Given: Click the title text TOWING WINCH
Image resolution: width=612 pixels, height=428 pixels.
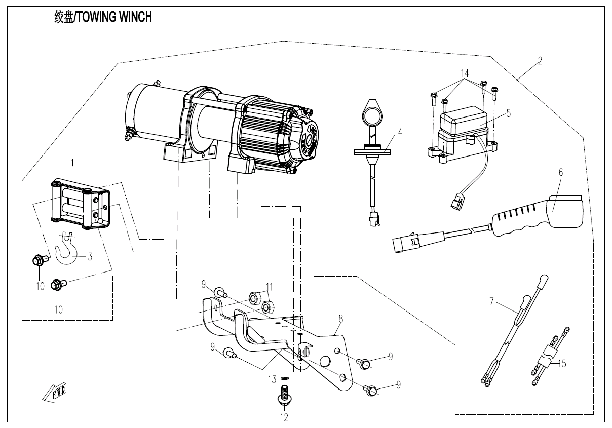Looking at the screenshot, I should (x=103, y=17).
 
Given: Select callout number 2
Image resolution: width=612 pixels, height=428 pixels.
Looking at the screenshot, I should (x=540, y=61).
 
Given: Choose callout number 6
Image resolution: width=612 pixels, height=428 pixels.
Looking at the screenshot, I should (x=561, y=172).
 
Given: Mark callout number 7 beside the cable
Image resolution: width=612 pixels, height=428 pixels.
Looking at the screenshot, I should (x=491, y=302).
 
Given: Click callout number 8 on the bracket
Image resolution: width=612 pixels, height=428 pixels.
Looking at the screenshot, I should (x=340, y=318).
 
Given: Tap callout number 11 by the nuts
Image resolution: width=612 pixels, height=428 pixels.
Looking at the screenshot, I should (x=269, y=286).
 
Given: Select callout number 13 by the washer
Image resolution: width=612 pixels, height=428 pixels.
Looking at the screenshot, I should (x=272, y=378).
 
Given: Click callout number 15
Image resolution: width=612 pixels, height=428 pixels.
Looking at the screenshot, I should (x=561, y=363).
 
